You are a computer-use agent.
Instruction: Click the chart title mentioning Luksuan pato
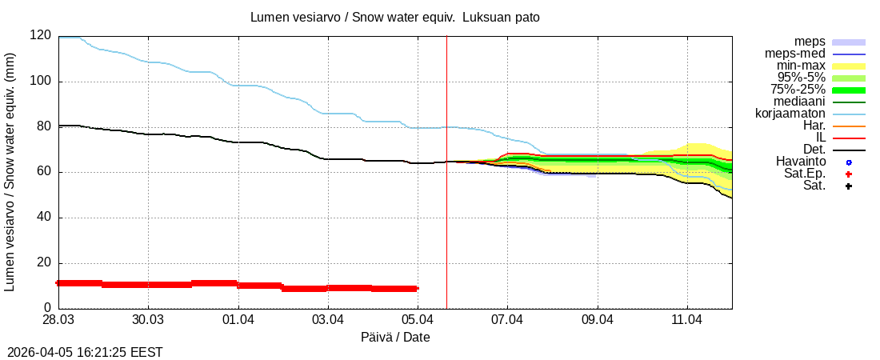pos(395,17)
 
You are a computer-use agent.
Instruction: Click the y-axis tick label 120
pos(41,36)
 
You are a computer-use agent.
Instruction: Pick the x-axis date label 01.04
pos(238,320)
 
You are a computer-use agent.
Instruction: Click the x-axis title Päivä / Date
pos(395,338)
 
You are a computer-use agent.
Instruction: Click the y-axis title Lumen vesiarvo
pos(10,172)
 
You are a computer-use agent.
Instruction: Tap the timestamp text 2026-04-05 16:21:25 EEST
pos(85,352)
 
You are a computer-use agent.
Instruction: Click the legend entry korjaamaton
pos(790,114)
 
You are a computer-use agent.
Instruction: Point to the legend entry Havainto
pos(801,162)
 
